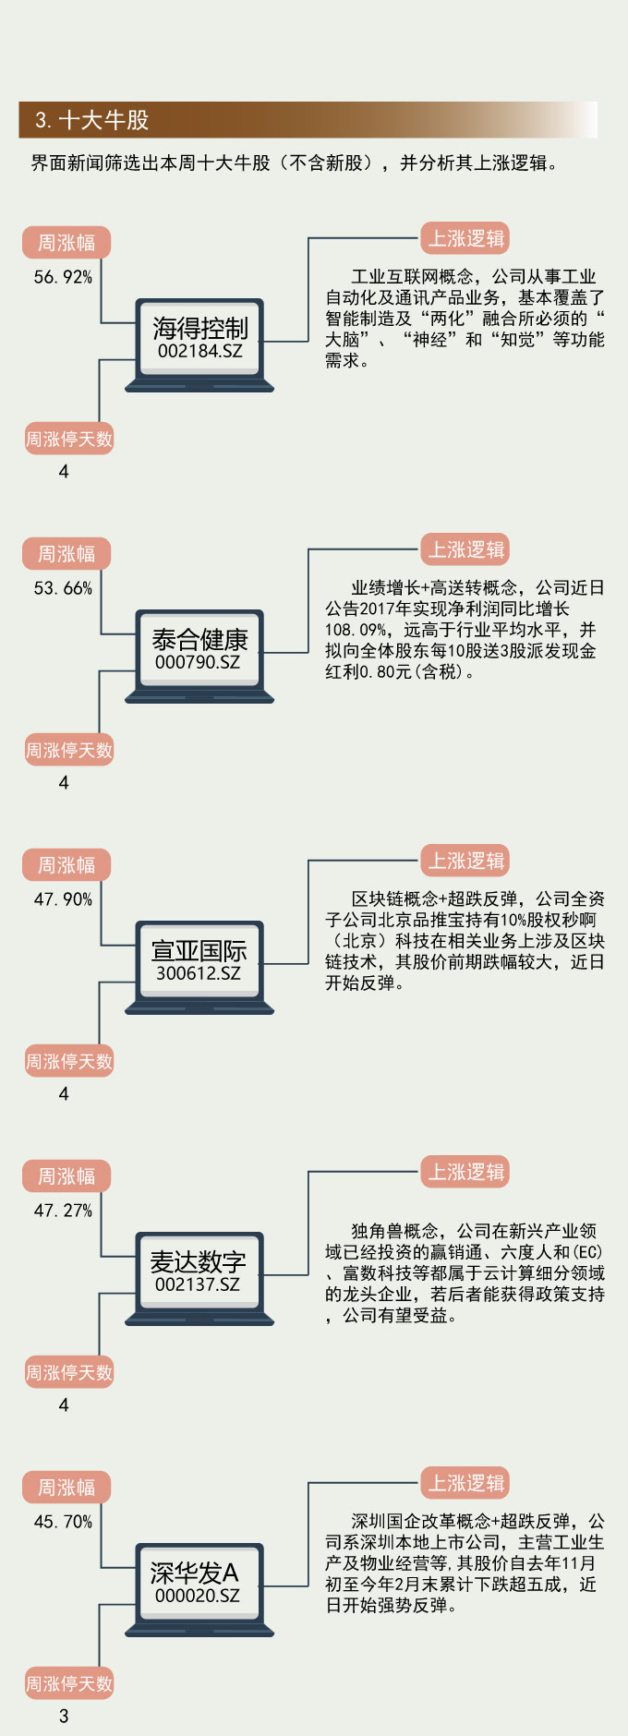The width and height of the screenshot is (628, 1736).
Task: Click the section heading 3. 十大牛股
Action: point(91,120)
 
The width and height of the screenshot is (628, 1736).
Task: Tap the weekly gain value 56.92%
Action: point(63,277)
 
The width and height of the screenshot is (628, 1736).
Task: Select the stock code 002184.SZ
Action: point(199,351)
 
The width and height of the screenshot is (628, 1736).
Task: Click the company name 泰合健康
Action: point(199,639)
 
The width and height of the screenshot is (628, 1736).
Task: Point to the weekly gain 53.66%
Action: point(63,588)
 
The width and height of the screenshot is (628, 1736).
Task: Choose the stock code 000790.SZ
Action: point(198,662)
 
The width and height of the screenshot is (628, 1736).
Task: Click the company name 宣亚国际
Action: point(199,950)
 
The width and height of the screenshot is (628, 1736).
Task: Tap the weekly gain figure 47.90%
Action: point(63,899)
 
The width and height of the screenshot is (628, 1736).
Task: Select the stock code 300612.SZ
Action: point(198,973)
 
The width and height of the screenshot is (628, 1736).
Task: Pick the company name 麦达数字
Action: point(198,1261)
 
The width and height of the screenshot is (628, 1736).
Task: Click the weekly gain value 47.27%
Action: point(63,1211)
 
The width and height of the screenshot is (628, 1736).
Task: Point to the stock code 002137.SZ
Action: point(197,1284)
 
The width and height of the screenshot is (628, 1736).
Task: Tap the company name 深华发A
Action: point(194,1573)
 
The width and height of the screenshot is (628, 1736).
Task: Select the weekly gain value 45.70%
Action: point(63,1522)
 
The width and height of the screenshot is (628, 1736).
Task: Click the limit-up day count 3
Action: point(64,1717)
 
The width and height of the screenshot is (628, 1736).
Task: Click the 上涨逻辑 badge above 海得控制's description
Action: point(466,238)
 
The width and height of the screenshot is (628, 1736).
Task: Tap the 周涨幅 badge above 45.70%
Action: point(66,1488)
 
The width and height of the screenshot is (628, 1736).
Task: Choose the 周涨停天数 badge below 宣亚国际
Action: point(68,1062)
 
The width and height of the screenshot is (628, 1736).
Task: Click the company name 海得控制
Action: point(199,328)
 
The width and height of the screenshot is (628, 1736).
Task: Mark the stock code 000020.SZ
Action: point(197,1596)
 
